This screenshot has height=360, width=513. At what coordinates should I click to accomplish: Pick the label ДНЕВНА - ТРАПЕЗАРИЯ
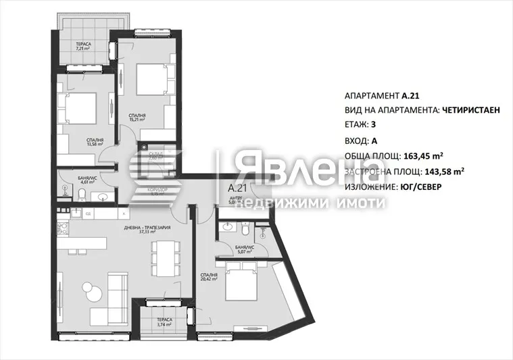[146, 228]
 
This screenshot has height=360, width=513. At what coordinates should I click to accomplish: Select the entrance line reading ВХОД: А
[361, 141]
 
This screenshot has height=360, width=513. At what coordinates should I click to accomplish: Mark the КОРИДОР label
[158, 190]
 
